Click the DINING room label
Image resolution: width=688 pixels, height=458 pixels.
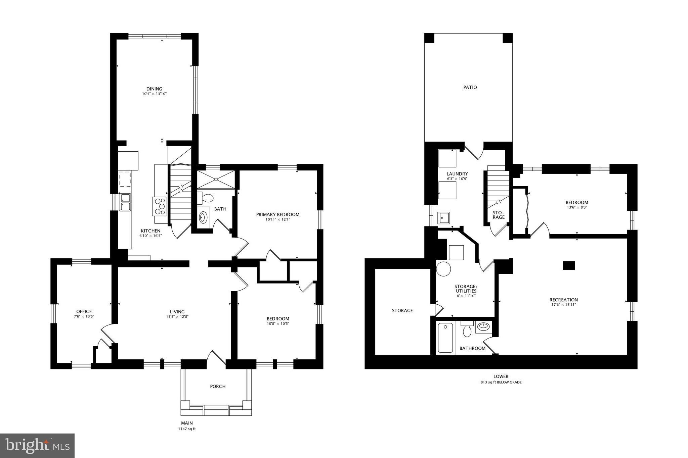[154, 89]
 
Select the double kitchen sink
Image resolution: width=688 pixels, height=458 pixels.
[125, 202]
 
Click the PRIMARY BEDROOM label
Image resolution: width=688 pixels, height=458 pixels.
[277, 214]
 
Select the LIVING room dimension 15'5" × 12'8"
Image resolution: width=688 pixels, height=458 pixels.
[177, 316]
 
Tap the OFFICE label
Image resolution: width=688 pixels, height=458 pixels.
[84, 311]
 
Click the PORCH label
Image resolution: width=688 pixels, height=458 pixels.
[218, 386]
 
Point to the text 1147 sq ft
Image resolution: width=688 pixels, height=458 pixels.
[187, 429]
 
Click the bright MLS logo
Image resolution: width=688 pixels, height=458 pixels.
[37, 446]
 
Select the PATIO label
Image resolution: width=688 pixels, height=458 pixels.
[470, 87]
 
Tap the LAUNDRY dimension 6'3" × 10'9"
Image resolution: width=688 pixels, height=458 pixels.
[457, 179]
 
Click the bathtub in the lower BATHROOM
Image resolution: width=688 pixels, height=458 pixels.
[445, 338]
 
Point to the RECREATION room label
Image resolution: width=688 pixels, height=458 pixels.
[563, 300]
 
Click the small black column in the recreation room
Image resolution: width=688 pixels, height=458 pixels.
[569, 265]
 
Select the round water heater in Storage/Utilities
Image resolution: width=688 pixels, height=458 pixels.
[443, 269]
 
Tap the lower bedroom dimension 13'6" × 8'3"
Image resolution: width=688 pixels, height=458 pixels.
[576, 207]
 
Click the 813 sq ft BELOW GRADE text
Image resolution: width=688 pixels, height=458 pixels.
[501, 382]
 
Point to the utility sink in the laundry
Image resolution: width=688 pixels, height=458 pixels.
[443, 218]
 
